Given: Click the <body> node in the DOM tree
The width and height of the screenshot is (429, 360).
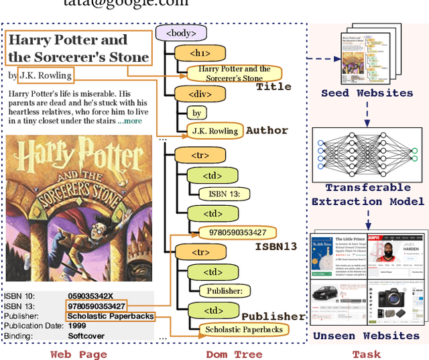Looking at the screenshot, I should pyautogui.click(x=180, y=32).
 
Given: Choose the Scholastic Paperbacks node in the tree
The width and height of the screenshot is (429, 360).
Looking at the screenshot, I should pyautogui.click(x=245, y=329).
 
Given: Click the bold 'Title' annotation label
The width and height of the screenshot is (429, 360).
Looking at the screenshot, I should pyautogui.click(x=274, y=86).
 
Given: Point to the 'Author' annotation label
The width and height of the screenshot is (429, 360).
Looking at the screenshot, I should pyautogui.click(x=267, y=130).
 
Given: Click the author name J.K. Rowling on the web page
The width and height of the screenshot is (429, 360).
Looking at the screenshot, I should pyautogui.click(x=45, y=75).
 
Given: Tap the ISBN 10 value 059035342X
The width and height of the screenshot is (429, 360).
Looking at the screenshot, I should pyautogui.click(x=90, y=296).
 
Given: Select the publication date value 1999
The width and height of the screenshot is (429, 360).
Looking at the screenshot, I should pyautogui.click(x=77, y=326).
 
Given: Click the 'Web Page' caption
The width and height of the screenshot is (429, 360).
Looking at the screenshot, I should pyautogui.click(x=78, y=354).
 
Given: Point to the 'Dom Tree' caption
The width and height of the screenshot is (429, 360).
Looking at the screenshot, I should pyautogui.click(x=235, y=354).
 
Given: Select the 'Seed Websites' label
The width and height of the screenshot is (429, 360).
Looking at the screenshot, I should pyautogui.click(x=367, y=93).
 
